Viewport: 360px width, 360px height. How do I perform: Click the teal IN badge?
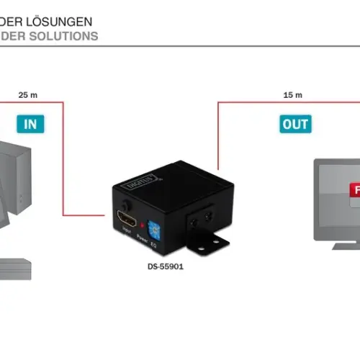(31, 123)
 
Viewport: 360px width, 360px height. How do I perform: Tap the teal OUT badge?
(294, 123)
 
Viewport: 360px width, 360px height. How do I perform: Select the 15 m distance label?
(293, 94)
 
